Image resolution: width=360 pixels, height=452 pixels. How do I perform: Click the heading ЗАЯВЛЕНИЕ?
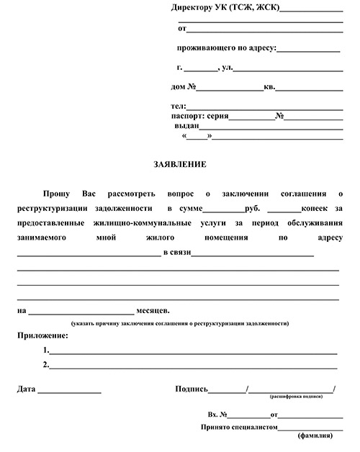pos(179,164)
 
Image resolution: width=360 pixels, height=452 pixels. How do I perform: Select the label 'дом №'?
pos(184,88)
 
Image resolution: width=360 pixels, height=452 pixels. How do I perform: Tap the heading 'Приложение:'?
pos(42,335)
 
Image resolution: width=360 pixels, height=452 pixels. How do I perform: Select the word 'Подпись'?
pos(191,389)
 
